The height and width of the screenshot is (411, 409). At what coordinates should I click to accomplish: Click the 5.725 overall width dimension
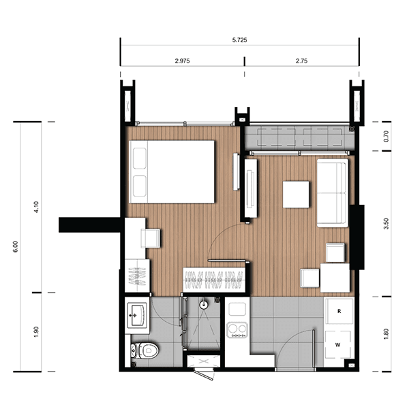point(239,40)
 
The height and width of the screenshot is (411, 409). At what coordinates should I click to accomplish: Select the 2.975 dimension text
point(182,61)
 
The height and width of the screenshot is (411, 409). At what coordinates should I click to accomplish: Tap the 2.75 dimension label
point(301,61)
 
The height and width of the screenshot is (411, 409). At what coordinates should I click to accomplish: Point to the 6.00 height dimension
point(16,246)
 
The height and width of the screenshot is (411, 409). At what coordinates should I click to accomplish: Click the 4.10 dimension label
point(36,207)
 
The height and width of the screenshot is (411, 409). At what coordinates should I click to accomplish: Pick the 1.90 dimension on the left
point(36,332)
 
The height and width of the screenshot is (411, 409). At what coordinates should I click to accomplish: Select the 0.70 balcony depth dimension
point(386,136)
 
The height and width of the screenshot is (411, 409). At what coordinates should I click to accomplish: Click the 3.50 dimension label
point(386,224)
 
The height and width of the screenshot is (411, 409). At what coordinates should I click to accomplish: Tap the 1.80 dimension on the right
point(386,334)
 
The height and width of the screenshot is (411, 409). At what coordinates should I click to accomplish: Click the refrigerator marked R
point(339,311)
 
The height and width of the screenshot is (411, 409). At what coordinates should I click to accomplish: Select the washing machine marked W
point(338,345)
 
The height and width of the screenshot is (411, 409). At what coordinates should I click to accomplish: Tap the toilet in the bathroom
point(145,350)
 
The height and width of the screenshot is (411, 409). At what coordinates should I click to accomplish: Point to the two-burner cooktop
point(237,330)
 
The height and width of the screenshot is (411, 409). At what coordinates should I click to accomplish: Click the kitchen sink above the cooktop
point(237,310)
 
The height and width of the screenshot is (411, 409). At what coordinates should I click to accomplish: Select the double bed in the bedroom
point(172,171)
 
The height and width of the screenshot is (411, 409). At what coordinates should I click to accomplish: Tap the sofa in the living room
point(333,193)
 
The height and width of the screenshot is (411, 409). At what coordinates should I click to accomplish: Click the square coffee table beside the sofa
point(296,194)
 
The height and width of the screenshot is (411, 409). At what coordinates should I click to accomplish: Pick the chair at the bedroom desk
point(151,238)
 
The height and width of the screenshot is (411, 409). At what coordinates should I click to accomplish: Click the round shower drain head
point(203,305)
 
